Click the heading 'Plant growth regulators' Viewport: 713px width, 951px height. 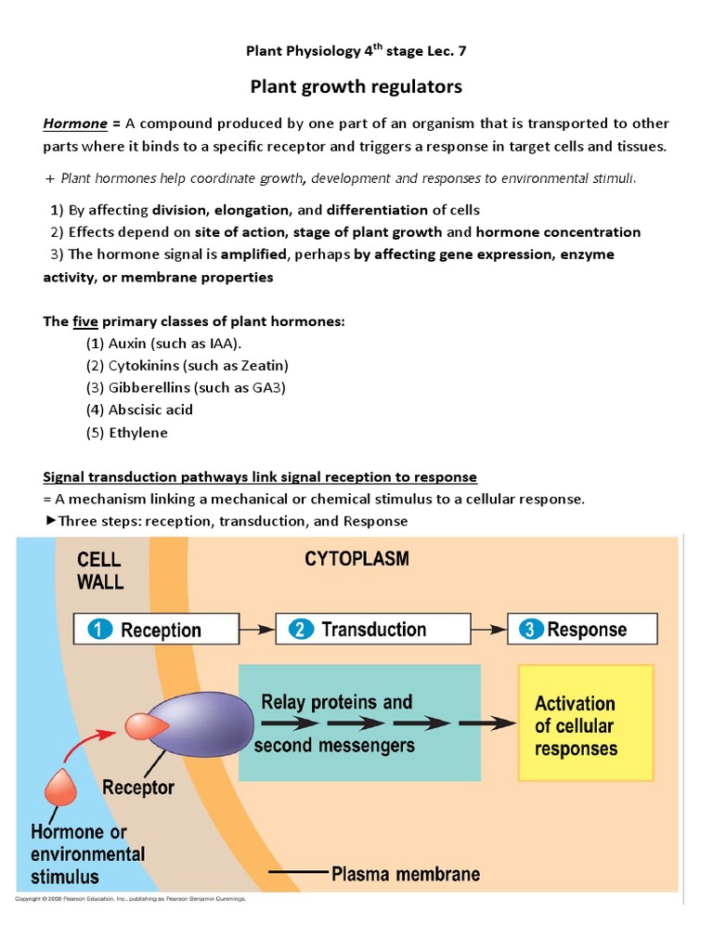point(356,87)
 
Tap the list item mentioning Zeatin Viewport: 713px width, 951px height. point(187,365)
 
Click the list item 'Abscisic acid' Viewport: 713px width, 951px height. point(139,410)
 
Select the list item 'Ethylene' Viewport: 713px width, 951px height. point(127,432)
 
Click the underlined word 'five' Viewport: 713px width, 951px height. point(85,321)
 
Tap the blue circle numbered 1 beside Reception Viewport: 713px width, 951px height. point(100,630)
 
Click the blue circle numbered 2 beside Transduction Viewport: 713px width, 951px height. point(301,630)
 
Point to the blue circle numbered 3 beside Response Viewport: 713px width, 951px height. point(530,630)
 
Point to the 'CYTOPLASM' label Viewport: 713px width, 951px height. point(356,560)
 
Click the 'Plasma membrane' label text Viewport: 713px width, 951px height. point(405,874)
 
